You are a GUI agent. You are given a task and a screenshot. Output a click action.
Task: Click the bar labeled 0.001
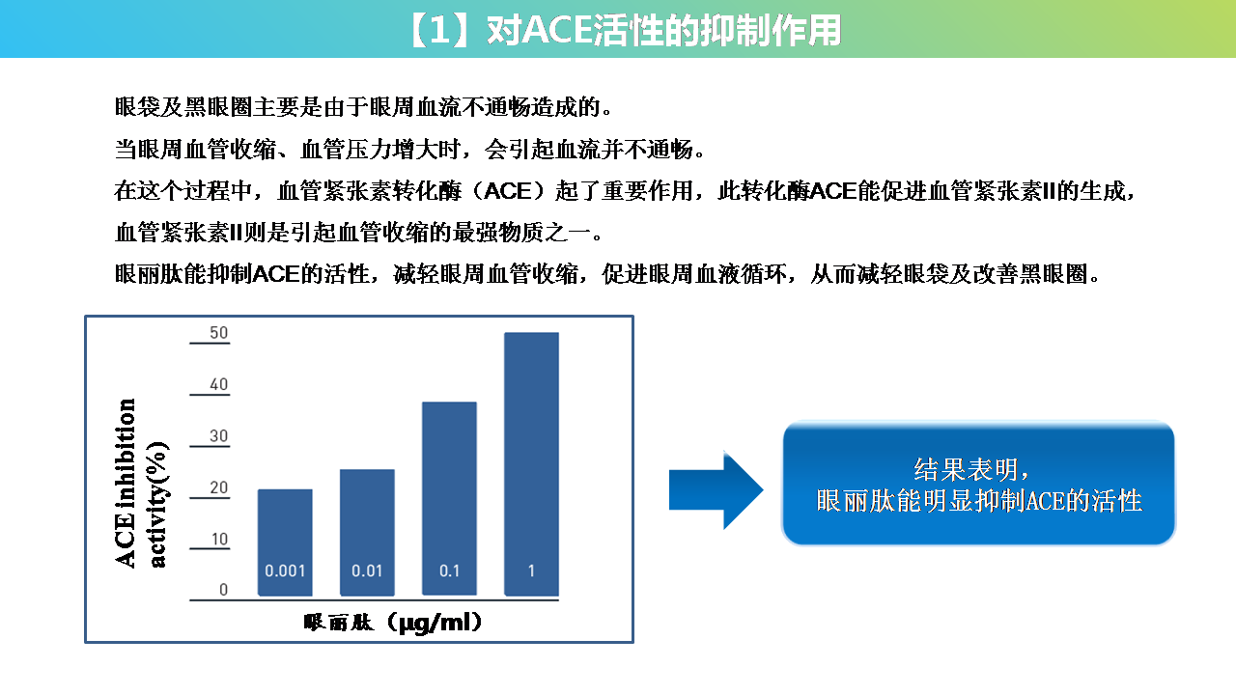pyautogui.click(x=285, y=542)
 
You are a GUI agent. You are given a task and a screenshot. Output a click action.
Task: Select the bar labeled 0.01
pyautogui.click(x=367, y=532)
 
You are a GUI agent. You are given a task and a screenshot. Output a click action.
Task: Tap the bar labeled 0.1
pyautogui.click(x=449, y=499)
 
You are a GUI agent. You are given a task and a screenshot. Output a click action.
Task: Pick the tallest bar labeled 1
pyautogui.click(x=531, y=464)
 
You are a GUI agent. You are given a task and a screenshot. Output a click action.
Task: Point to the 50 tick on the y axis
pyautogui.click(x=218, y=333)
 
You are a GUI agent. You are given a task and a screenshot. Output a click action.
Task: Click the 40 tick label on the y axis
pyautogui.click(x=218, y=384)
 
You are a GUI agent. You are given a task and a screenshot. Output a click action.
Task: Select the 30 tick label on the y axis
pyautogui.click(x=218, y=436)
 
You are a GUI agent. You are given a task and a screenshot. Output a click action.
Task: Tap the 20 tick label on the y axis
pyautogui.click(x=218, y=487)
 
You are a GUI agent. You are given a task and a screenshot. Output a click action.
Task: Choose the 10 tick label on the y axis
pyautogui.click(x=219, y=539)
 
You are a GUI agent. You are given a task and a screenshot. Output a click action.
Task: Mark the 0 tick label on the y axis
pyautogui.click(x=223, y=590)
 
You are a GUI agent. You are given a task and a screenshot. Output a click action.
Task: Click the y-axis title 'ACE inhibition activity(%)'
pyautogui.click(x=141, y=483)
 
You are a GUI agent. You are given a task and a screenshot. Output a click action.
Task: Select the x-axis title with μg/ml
pyautogui.click(x=393, y=623)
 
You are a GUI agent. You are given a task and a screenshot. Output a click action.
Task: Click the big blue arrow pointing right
pyautogui.click(x=716, y=489)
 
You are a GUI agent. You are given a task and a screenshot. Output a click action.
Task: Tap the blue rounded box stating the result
pyautogui.click(x=978, y=484)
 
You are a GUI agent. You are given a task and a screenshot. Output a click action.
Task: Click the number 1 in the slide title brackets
pyautogui.click(x=439, y=30)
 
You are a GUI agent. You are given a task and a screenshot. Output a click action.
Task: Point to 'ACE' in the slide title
pyautogui.click(x=556, y=30)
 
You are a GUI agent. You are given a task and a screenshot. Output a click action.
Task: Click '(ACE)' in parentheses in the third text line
pyautogui.click(x=508, y=191)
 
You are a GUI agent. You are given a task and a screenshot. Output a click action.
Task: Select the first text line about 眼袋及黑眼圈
pyautogui.click(x=363, y=107)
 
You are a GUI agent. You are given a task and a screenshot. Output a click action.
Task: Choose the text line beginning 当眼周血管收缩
pyautogui.click(x=409, y=149)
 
